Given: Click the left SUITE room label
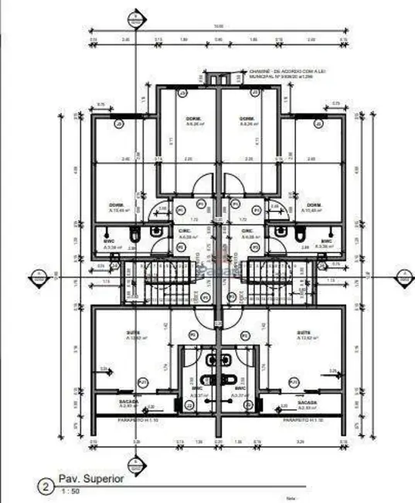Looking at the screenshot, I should [134, 334].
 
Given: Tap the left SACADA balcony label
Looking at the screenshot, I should [128, 402].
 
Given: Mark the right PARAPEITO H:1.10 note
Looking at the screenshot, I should [298, 419].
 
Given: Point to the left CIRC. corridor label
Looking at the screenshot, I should [185, 231].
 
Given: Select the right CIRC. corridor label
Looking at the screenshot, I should [248, 231].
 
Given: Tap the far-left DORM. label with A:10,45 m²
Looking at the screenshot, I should [116, 207].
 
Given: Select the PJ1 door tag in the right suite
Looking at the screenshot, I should [294, 382].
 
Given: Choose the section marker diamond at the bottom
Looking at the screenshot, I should [137, 464].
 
